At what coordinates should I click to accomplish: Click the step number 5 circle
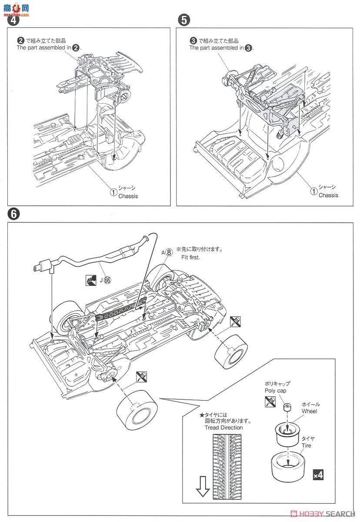184,20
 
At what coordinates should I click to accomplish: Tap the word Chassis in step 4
128,196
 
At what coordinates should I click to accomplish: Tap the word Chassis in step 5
328,195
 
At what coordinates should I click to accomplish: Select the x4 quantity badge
318,475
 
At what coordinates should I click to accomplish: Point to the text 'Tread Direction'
224,428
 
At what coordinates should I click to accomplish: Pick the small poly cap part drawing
287,408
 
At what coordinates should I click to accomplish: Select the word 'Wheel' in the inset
310,411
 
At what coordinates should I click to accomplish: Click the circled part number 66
107,280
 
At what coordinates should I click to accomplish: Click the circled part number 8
169,252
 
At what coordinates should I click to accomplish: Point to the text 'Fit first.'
191,258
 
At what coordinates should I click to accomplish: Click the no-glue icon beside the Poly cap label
270,402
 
